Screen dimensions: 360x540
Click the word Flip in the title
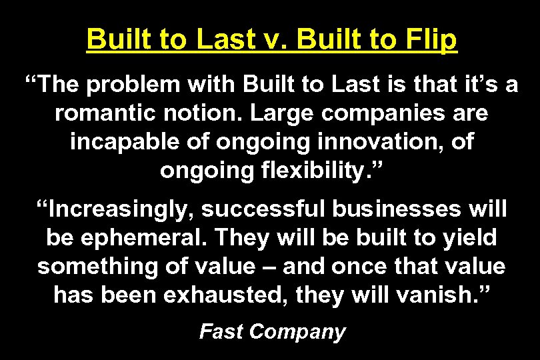coord(432,41)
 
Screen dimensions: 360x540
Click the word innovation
coord(369,142)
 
